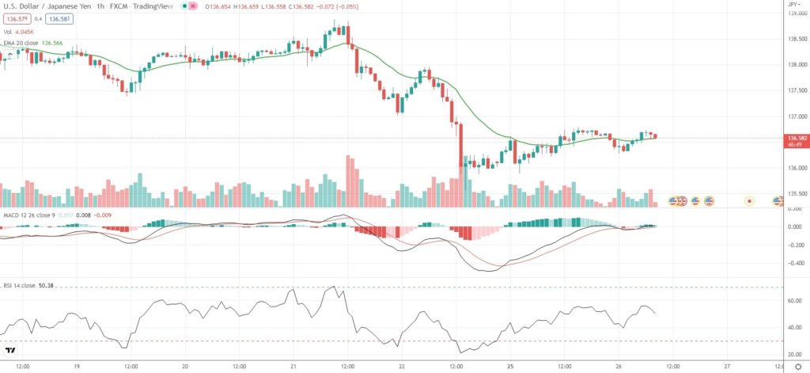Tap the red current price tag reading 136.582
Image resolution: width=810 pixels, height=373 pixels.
(x=795, y=139)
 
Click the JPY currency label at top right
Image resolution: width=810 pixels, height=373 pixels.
(x=793, y=5)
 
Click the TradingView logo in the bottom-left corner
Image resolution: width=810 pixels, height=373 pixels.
(x=11, y=350)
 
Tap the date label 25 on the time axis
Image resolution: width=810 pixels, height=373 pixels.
(x=511, y=367)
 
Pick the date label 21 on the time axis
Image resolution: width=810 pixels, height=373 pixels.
(x=293, y=367)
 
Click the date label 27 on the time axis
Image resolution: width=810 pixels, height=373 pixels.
(x=727, y=367)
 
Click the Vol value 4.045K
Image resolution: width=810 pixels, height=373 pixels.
(x=27, y=31)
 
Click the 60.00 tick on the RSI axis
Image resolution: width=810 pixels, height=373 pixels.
(x=794, y=301)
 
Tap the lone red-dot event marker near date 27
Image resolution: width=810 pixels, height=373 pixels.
(x=748, y=201)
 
